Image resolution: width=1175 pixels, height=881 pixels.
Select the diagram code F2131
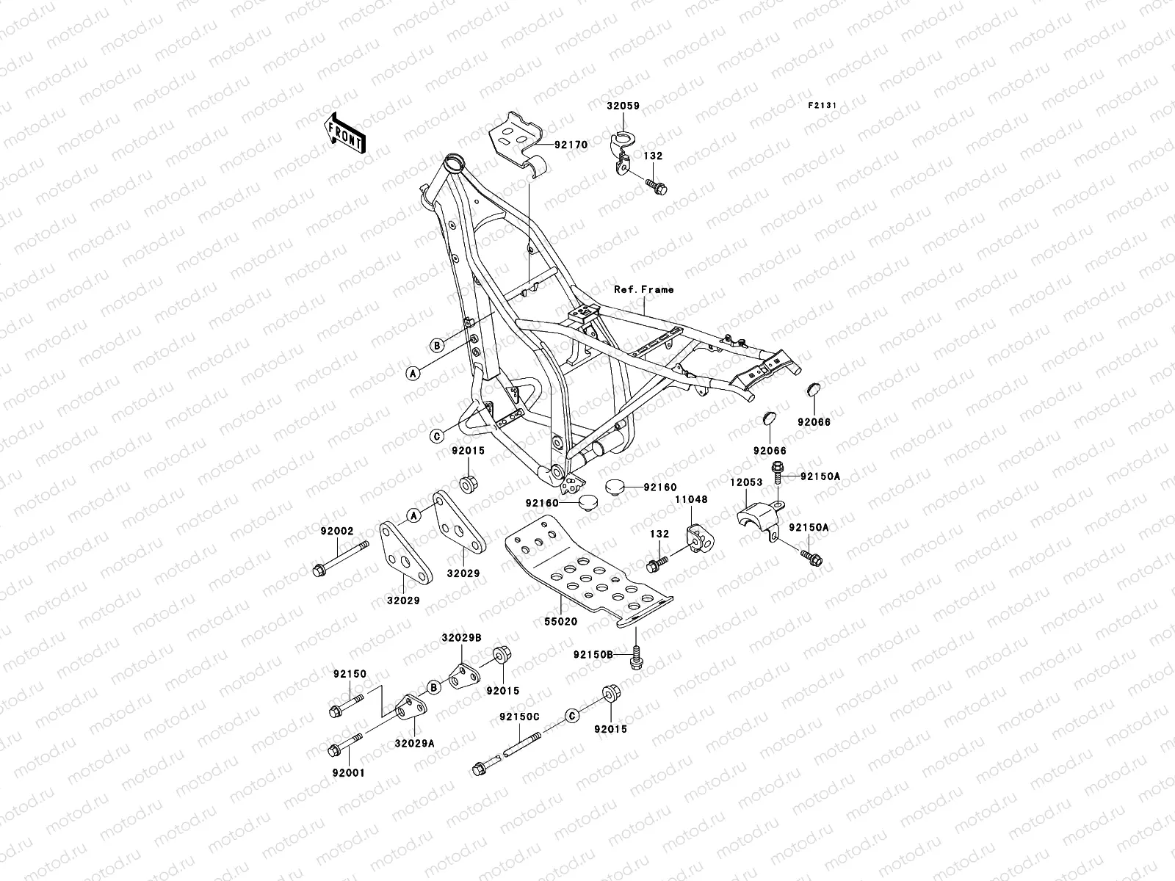click(823, 106)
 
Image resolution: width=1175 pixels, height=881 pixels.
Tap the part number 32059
click(623, 106)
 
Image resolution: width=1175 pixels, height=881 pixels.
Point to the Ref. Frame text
click(644, 289)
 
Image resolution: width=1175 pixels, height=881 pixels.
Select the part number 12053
click(745, 482)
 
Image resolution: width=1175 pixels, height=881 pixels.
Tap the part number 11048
click(691, 499)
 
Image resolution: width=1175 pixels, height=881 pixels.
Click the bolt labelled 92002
click(336, 531)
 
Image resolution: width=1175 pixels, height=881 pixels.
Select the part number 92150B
click(593, 653)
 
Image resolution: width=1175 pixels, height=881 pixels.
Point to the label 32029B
click(461, 638)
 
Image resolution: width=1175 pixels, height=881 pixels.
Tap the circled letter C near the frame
click(436, 435)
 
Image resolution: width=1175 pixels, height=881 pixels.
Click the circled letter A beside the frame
click(413, 373)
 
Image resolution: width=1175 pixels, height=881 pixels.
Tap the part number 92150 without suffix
click(350, 673)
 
